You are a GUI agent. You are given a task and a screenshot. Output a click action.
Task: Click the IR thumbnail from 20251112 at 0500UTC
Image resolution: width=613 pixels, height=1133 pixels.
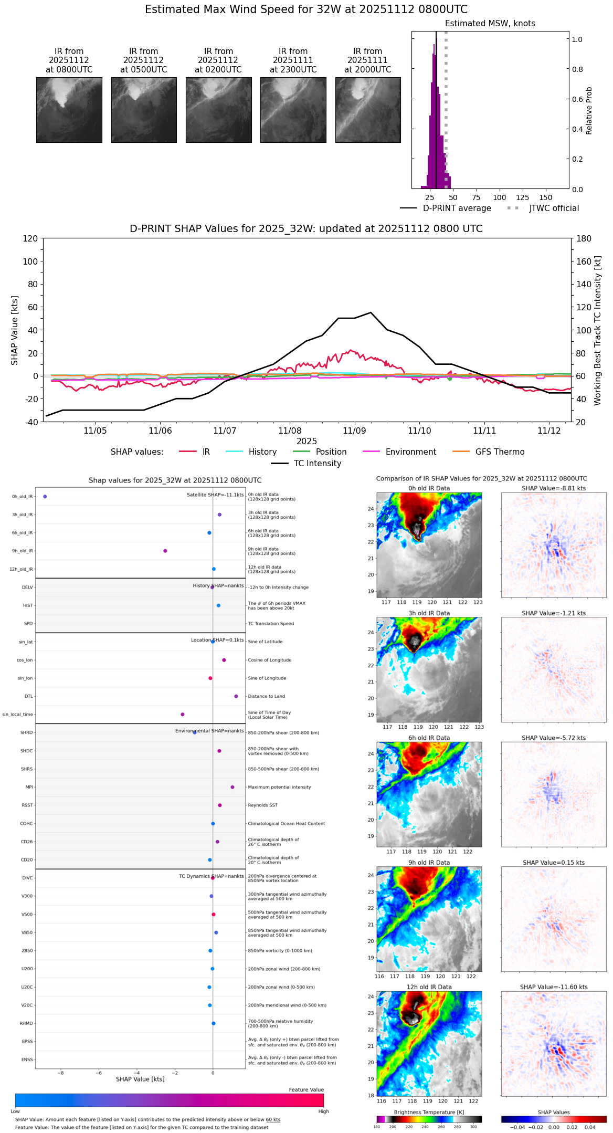pos(144,110)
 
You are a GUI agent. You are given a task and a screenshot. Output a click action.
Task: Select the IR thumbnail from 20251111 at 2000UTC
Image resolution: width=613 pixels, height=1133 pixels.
pos(368,110)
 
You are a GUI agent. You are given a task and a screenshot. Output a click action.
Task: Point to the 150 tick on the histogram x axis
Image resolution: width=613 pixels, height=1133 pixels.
pos(546,198)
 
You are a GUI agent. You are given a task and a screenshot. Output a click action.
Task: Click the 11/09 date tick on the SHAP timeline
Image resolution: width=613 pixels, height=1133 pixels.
pos(354,431)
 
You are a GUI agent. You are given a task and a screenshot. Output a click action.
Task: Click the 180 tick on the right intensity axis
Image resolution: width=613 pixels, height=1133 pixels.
pos(584,239)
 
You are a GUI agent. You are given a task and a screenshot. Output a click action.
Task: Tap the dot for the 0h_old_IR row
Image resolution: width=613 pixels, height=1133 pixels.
pos(45,497)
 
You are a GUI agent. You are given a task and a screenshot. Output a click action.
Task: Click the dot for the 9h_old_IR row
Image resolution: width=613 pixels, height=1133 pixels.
pos(165,551)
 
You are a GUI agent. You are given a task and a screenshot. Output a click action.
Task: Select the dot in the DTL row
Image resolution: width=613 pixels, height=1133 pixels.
pos(236,697)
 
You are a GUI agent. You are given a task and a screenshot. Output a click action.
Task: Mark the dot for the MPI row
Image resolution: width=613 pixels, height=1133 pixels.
pos(232,788)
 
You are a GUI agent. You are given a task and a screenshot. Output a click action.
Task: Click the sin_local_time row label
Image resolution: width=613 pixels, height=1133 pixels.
pos(18,715)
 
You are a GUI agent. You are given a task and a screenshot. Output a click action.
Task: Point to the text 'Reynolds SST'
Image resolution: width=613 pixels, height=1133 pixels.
pos(263,805)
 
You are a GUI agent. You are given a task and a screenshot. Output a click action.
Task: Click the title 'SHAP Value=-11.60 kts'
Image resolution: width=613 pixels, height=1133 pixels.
pos(554,988)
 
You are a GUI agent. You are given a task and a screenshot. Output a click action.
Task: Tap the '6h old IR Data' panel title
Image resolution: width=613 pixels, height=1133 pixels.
pos(429,738)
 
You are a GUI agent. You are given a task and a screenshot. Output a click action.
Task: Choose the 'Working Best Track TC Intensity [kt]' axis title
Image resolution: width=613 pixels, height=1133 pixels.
pos(598,331)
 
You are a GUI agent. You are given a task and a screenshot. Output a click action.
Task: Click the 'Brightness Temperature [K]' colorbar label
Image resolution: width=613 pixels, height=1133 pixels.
pos(429,1113)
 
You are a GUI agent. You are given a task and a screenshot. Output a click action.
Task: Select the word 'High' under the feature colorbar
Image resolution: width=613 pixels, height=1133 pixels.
pos(323,1111)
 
